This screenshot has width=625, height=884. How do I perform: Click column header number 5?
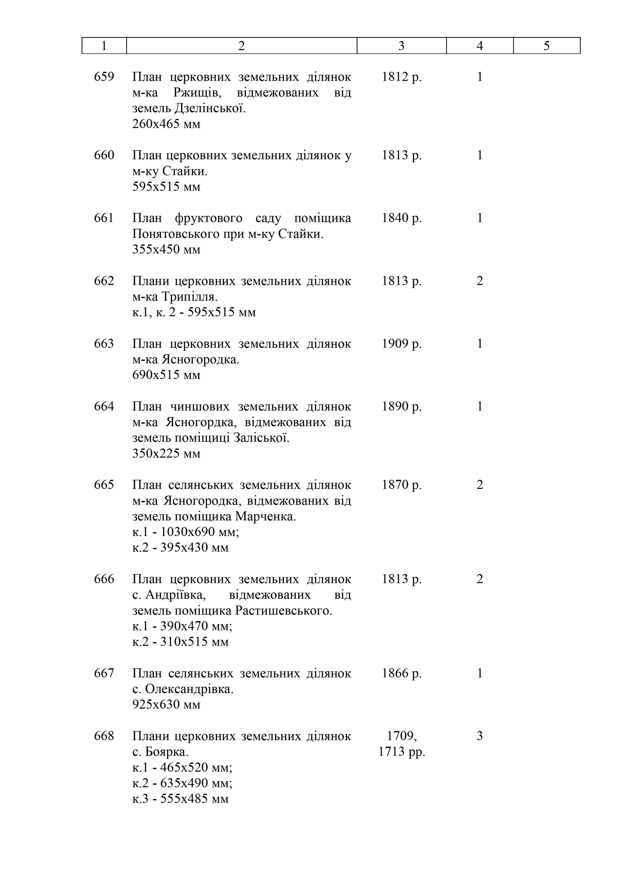[546, 46]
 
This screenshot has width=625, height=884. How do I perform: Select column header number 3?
[401, 46]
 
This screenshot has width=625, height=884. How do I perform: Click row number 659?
[104, 77]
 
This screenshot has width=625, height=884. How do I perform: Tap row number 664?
[104, 406]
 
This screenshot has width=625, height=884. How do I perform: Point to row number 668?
[104, 736]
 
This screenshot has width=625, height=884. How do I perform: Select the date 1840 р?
[401, 218]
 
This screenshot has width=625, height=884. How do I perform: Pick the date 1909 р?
[401, 343]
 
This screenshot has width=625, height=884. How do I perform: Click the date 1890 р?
[401, 406]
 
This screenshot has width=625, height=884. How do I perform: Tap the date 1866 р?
[401, 673]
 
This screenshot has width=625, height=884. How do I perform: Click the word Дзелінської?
[210, 108]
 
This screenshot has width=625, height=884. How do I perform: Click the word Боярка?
[167, 751]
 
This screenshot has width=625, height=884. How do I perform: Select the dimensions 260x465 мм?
[166, 124]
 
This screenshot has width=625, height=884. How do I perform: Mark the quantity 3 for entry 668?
[480, 736]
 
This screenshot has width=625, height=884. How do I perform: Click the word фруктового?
[209, 218]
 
